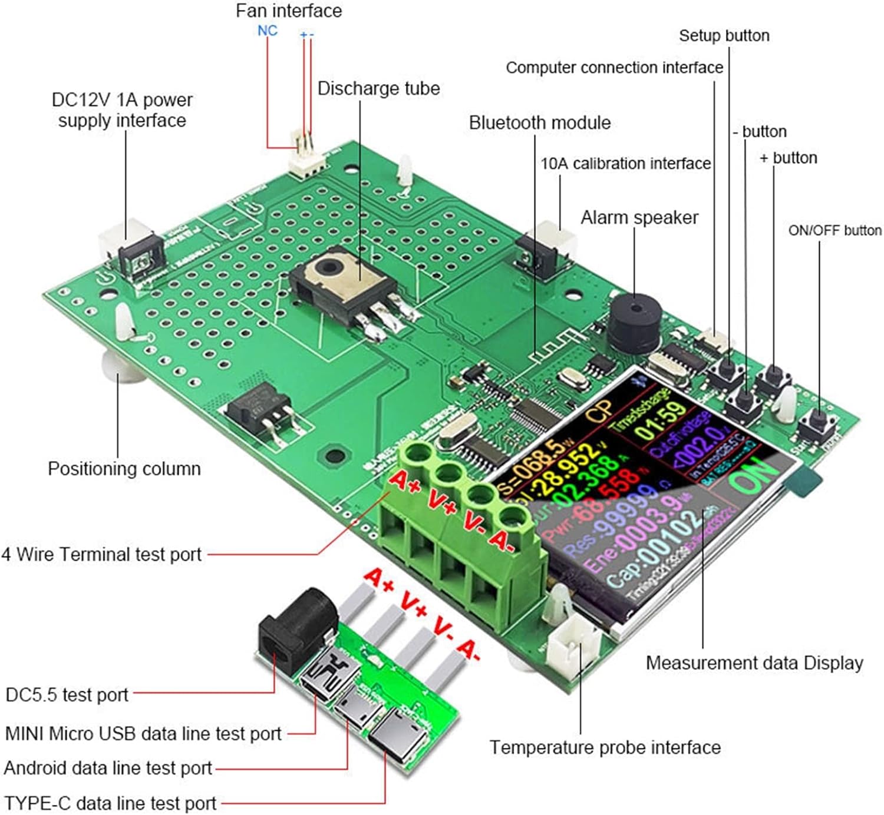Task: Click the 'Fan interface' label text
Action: point(288,11)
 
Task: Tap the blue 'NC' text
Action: point(267,31)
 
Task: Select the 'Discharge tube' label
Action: point(378,88)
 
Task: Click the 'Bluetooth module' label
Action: point(539,122)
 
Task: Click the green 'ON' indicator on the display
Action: point(752,475)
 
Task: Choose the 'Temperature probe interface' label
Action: point(605,747)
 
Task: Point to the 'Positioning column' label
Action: point(124,469)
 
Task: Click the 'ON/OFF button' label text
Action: point(834,230)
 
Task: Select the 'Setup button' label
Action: point(724,35)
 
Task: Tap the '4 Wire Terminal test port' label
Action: point(101,554)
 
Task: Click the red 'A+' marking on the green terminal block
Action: point(405,481)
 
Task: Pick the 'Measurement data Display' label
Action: point(754,662)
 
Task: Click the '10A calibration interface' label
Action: point(625,163)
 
